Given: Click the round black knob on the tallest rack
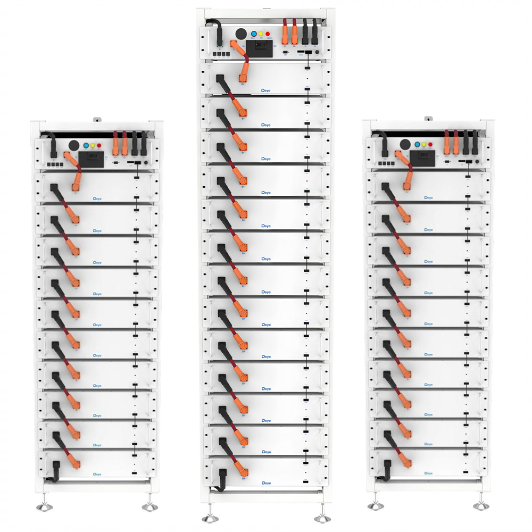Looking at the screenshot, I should coord(241,33).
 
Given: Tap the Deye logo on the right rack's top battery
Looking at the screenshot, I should coord(428,197).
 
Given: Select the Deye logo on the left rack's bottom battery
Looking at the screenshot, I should coord(97,473).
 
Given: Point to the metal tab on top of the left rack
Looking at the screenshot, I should coord(97,119).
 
